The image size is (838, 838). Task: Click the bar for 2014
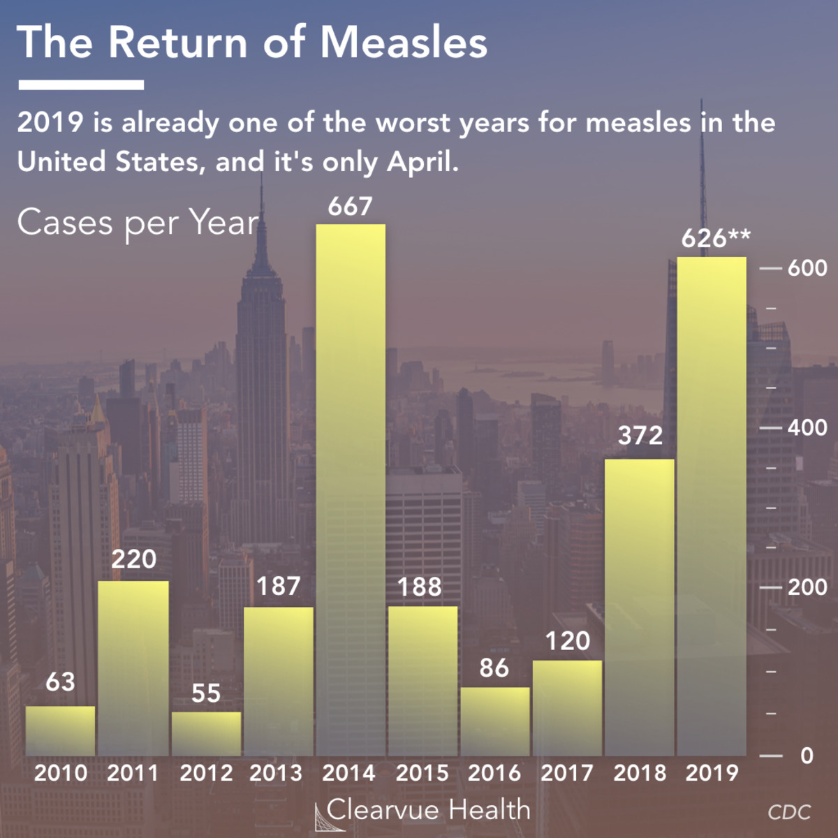351,489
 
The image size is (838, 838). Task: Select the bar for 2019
712,506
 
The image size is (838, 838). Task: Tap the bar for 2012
206,733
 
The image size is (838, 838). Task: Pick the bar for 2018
640,608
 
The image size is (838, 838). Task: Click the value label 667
351,207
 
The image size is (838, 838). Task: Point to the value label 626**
716,239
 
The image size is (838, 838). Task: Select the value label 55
206,693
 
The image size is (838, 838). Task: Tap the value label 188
420,587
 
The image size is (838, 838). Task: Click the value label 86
494,668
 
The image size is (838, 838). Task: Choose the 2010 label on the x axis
61,773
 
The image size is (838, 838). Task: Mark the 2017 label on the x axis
567,773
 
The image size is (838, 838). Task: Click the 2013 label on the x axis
276,773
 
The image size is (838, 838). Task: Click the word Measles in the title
404,43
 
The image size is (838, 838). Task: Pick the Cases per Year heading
138,223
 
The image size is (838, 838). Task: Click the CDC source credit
789,812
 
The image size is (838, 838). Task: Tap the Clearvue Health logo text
427,810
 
